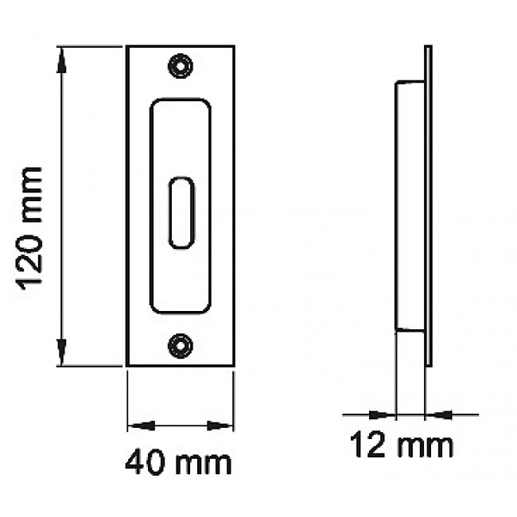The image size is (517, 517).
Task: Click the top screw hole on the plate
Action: tap(180, 66)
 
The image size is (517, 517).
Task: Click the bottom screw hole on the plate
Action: tap(180, 345)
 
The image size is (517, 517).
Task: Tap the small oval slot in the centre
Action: tap(181, 212)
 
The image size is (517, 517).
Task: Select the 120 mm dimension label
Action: tap(30, 228)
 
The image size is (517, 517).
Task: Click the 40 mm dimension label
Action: tap(178, 463)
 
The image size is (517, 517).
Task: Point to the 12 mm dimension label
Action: tap(401, 445)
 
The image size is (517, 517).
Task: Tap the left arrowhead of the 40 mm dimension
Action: tap(141, 426)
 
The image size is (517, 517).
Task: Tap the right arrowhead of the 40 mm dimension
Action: tap(220, 426)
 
